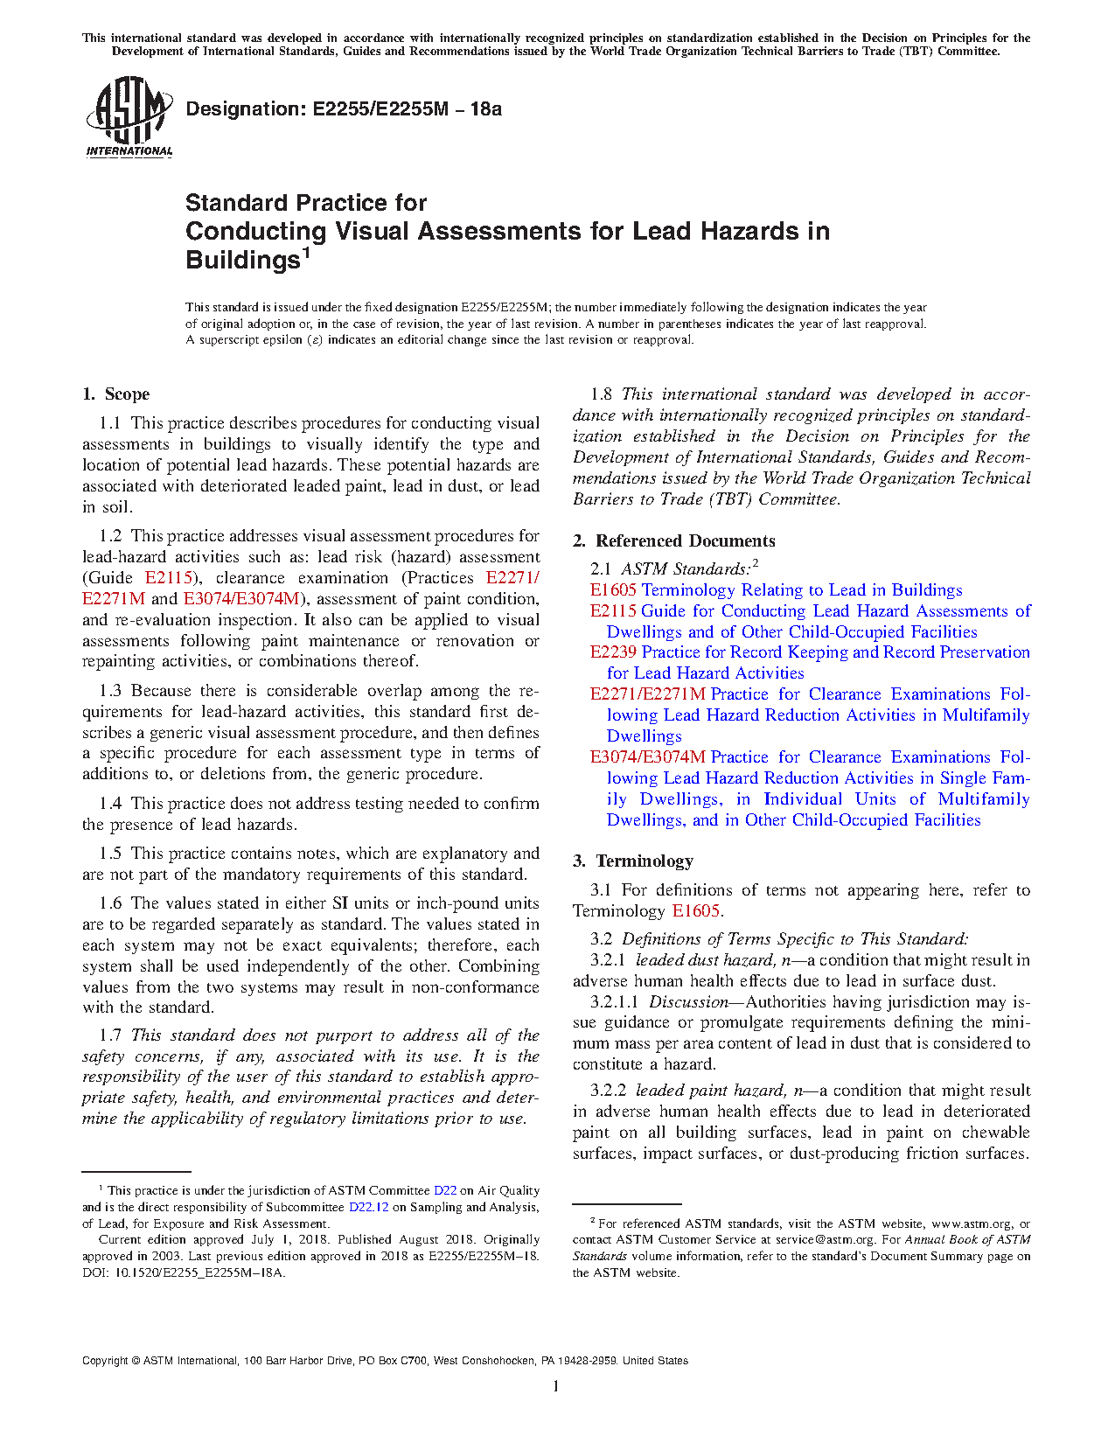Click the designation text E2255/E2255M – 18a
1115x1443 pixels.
[344, 109]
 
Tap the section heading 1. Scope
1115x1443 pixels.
[116, 394]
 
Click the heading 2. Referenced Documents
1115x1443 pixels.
[673, 541]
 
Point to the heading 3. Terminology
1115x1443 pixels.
[633, 861]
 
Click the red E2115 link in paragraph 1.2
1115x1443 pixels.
[168, 578]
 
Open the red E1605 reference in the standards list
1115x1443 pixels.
[613, 590]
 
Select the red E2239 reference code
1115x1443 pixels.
[613, 652]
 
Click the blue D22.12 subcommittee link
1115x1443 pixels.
[368, 1208]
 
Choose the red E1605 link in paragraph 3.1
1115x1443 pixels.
[696, 911]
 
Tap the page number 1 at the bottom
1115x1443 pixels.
[556, 1386]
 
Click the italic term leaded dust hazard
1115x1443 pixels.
[705, 960]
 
